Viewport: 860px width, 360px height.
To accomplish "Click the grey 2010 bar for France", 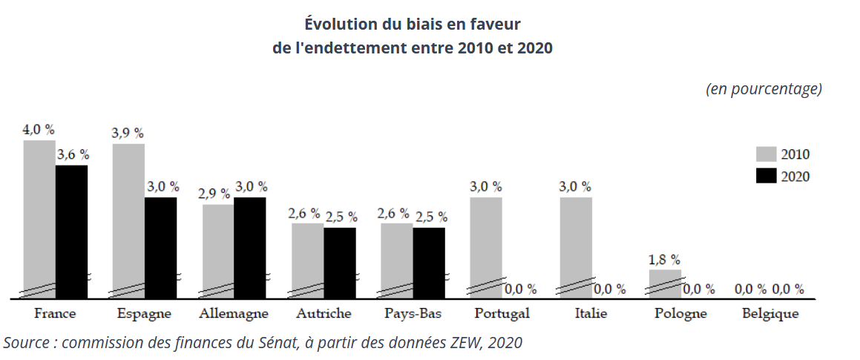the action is tap(39, 220).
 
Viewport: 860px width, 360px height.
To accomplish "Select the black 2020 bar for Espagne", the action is tap(161, 248).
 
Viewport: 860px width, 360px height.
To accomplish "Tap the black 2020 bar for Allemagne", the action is tap(250, 248).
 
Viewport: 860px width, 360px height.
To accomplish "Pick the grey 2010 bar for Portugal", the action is tap(485, 248).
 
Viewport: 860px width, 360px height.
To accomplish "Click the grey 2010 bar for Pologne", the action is tap(665, 284).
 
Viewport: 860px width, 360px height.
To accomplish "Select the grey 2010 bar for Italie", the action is tap(576, 248).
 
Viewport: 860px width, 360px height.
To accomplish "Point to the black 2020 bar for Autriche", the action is tap(340, 264).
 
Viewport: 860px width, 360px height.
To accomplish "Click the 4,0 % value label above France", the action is tap(39, 130).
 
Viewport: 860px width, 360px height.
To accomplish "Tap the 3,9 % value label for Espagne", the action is tap(128, 134).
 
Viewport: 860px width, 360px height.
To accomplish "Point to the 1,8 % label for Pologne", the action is tap(665, 259).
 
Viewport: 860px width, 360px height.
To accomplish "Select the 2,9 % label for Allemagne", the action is tap(214, 194).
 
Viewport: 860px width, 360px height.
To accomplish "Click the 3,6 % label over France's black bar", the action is tap(73, 154).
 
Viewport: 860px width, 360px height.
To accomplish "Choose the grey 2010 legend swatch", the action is tap(767, 154).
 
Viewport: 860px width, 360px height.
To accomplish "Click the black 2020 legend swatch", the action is tap(767, 176).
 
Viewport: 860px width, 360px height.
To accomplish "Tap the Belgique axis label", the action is tap(771, 314).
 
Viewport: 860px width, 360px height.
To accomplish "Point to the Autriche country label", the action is tap(324, 314).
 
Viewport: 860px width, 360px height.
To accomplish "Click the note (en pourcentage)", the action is tap(764, 90).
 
